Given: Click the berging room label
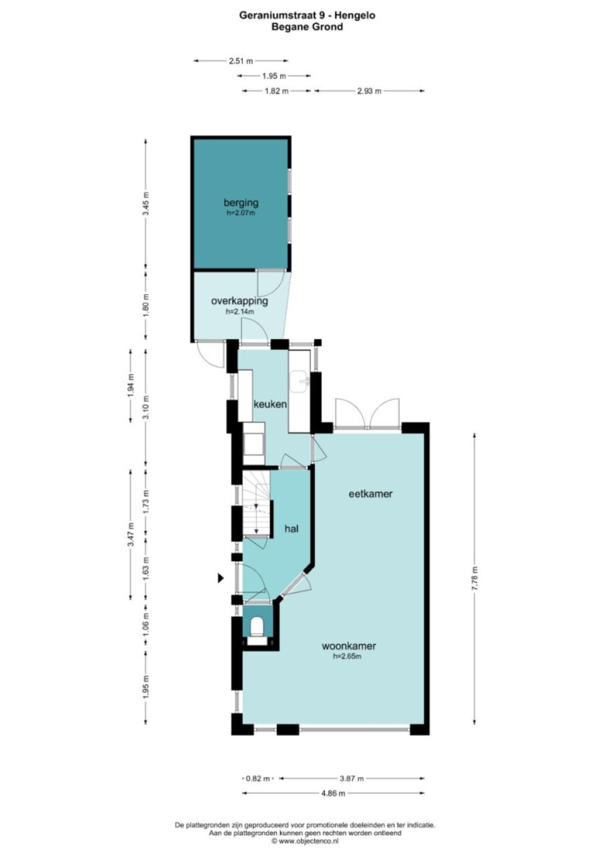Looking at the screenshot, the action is [241, 203].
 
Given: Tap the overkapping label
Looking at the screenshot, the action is [239, 301].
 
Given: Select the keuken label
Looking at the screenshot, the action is [270, 405].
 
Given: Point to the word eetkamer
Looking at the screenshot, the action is [371, 494].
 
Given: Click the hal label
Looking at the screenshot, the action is [292, 529].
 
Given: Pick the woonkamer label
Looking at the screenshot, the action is [349, 646].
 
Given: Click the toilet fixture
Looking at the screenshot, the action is [257, 627].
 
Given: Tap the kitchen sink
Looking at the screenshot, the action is [299, 381].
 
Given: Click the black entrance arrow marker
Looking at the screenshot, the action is [220, 578].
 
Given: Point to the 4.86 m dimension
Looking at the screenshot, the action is [333, 793].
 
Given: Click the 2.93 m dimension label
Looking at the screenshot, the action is [369, 91].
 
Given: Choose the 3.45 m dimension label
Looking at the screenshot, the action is [145, 204].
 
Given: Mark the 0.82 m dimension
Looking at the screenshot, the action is [258, 779].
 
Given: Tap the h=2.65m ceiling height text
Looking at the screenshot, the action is [347, 657].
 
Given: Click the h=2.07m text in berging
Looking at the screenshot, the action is [241, 213].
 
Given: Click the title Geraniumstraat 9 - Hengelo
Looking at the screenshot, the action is [307, 15].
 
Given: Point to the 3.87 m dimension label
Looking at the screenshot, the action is [352, 779].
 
